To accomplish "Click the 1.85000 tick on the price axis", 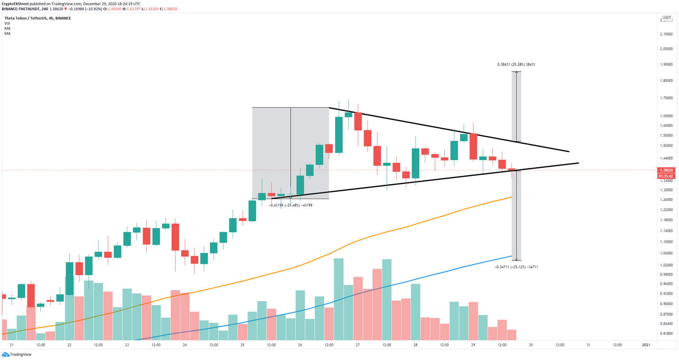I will (x=666, y=81).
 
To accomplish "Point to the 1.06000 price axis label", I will (x=666, y=253).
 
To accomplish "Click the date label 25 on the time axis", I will (x=242, y=345).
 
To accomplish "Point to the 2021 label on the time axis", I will (x=646, y=345).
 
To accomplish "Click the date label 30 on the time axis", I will (x=530, y=345).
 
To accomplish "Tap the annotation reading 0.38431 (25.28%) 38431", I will (x=516, y=65).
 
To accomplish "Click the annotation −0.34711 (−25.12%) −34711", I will (x=516, y=267).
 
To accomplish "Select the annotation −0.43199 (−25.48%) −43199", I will (x=290, y=205).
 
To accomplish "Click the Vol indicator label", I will (x=7, y=23).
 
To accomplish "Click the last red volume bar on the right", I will (x=511, y=335).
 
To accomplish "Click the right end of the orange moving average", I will (x=511, y=197).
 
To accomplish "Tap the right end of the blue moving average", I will (x=511, y=256).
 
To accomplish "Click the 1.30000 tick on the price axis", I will (x=666, y=190).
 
